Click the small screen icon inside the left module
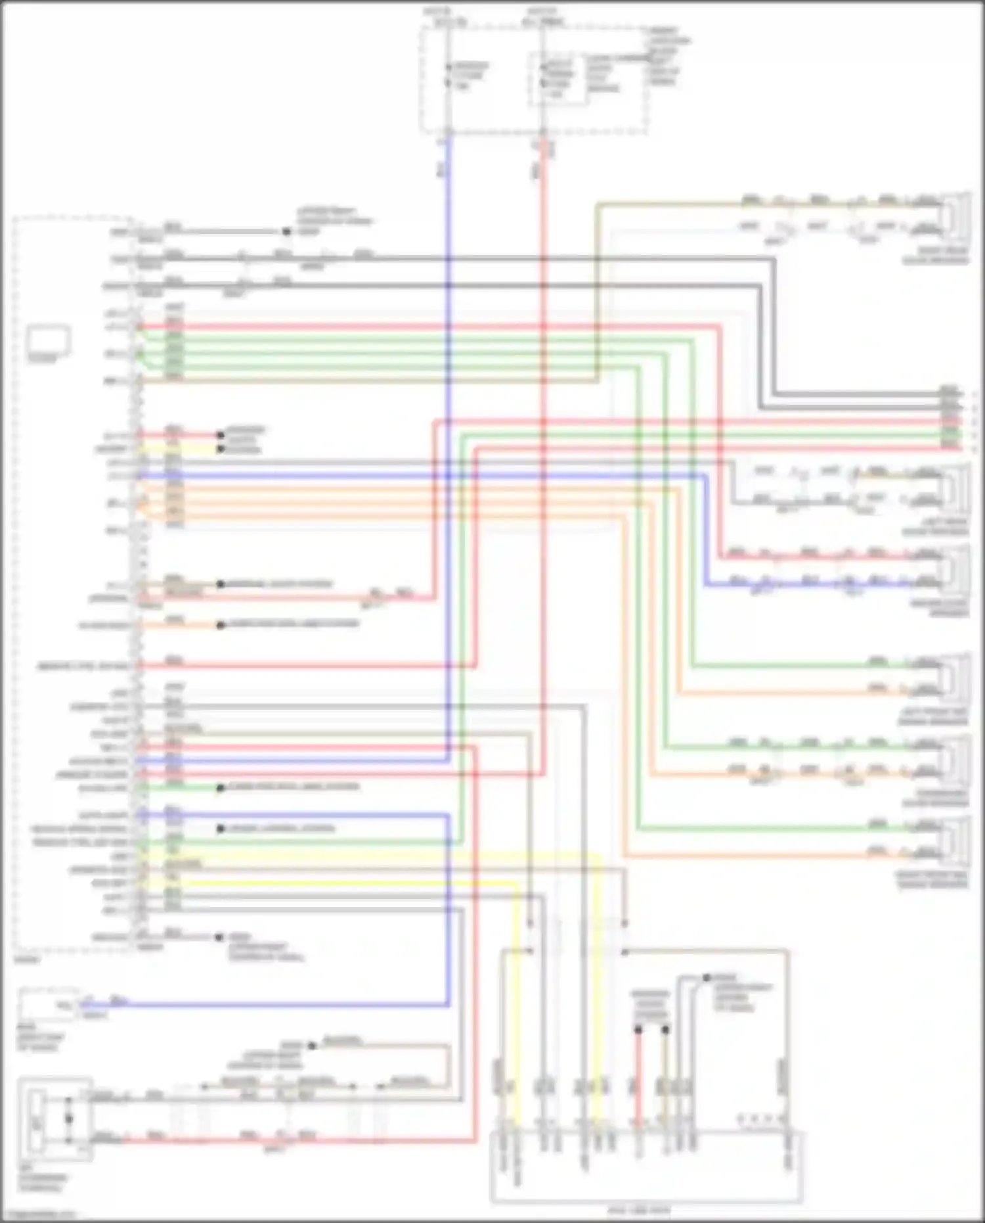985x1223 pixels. point(49,340)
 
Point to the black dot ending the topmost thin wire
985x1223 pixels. point(286,231)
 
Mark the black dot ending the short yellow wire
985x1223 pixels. point(221,450)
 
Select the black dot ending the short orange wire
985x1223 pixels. point(221,625)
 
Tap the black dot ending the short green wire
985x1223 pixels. point(221,787)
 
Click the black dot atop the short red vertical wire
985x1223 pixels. point(638,1029)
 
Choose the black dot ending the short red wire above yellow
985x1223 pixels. point(221,434)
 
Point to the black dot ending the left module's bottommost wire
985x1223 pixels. point(219,937)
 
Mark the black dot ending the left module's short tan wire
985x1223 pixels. point(221,584)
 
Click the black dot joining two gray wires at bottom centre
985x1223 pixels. point(707,978)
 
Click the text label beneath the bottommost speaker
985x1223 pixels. point(932,881)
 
